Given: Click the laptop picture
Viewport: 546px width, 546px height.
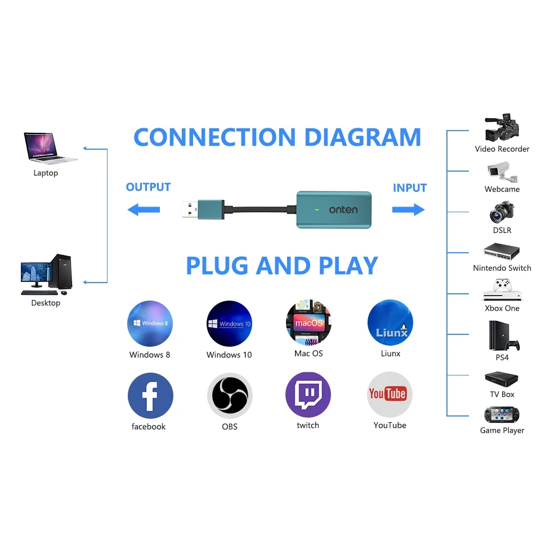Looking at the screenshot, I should click(48, 147).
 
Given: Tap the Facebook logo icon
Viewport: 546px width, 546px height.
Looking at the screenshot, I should click(150, 395).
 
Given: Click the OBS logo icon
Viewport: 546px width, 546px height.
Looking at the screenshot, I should click(230, 395).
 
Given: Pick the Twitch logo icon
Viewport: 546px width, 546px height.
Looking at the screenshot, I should click(308, 394).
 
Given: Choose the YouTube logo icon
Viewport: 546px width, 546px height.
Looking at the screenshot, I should click(390, 394).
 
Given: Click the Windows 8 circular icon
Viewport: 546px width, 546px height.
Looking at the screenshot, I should click(150, 323).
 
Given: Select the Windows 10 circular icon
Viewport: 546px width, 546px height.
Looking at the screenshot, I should click(229, 323).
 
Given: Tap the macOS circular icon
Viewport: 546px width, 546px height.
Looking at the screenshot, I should click(308, 323).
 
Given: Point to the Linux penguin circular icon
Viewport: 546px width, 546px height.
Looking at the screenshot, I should click(390, 323).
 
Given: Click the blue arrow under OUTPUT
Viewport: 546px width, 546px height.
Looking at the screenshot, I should click(144, 210).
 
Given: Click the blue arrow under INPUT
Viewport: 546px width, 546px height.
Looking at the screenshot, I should click(408, 210).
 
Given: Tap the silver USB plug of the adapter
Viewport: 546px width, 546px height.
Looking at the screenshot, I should click(191, 210).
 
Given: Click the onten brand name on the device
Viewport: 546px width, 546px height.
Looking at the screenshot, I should click(343, 210).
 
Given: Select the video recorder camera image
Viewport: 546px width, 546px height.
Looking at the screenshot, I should click(502, 128).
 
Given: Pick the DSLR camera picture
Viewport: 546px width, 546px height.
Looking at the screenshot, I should click(501, 213).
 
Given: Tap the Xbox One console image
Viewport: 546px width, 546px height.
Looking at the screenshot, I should click(501, 290).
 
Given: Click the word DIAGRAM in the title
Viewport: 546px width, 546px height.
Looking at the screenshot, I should click(363, 137).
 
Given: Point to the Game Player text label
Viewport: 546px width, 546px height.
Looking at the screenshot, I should click(502, 431).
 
